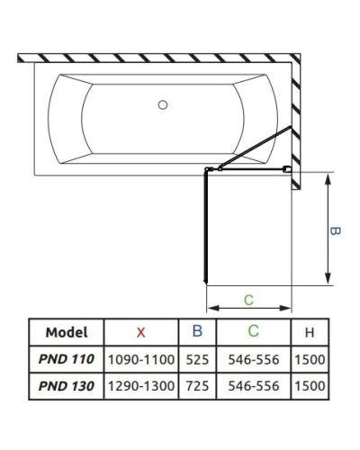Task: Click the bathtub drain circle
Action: (x=163, y=105)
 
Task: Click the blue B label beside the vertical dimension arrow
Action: (x=335, y=231)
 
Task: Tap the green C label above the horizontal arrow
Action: (x=248, y=300)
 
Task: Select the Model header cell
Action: (x=67, y=332)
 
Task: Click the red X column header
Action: (x=140, y=333)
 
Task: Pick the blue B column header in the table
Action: (x=197, y=330)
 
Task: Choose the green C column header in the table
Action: (x=254, y=330)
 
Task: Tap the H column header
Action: (x=310, y=333)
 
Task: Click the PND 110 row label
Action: (x=67, y=359)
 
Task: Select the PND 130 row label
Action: (x=67, y=386)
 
